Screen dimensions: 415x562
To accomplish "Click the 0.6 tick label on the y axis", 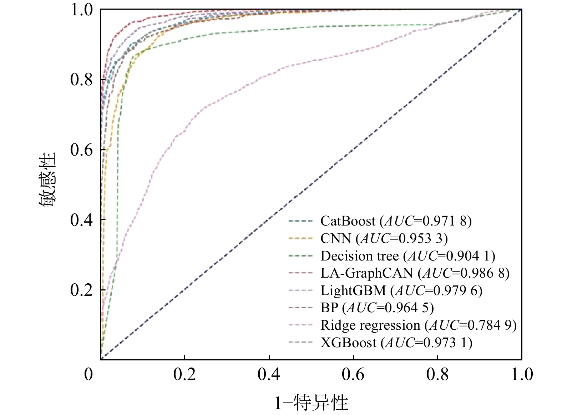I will pyautogui.click(x=82, y=150).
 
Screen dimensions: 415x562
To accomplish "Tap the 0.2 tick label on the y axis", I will pyautogui.click(x=82, y=290).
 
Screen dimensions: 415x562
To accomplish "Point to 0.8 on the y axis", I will pyautogui.click(x=82, y=79).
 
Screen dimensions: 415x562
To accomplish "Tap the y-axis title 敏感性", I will pyautogui.click(x=47, y=180).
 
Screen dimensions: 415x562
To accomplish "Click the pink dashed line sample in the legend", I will pyautogui.click(x=300, y=325).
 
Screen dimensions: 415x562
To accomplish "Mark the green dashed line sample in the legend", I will pyautogui.click(x=300, y=256).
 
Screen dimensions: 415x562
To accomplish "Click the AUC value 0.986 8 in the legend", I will pyautogui.click(x=481, y=273).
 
